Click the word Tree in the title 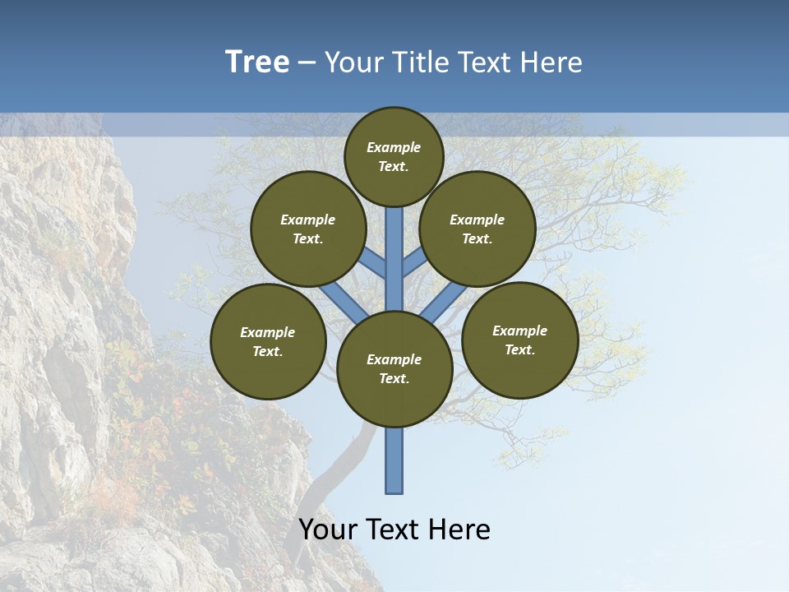(257, 62)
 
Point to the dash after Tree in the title (307, 63)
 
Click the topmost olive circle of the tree (394, 157)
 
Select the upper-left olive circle (308, 229)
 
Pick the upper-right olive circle (478, 229)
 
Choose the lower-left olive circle (268, 342)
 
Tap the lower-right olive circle (520, 340)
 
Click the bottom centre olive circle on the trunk (394, 369)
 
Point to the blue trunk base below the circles (394, 460)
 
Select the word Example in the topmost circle (394, 148)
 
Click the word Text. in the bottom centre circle (394, 379)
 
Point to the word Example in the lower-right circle (519, 331)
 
